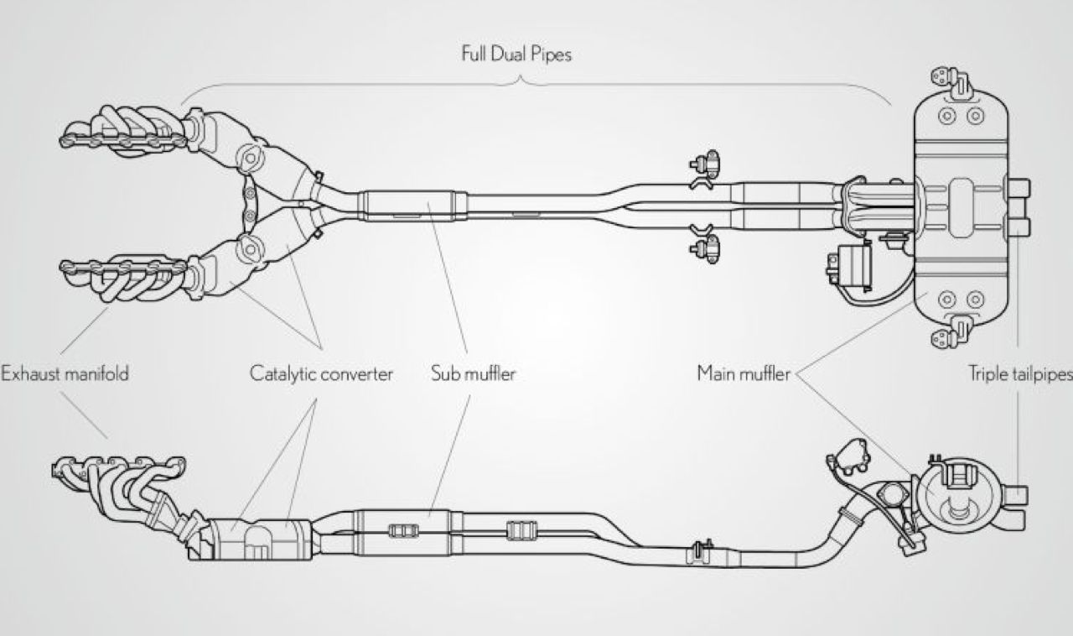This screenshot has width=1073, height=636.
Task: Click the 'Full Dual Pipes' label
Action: click(x=516, y=55)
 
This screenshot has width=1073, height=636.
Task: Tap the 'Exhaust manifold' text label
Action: click(x=65, y=374)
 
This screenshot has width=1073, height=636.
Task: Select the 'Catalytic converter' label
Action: click(x=321, y=374)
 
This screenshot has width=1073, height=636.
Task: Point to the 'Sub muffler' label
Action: click(x=473, y=374)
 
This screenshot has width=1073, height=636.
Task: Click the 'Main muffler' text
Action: click(x=744, y=374)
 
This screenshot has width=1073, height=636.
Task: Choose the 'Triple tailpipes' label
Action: click(x=1019, y=374)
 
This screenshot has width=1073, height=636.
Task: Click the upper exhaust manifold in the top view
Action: click(x=126, y=130)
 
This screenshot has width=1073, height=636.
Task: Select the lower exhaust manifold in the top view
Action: click(x=126, y=277)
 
